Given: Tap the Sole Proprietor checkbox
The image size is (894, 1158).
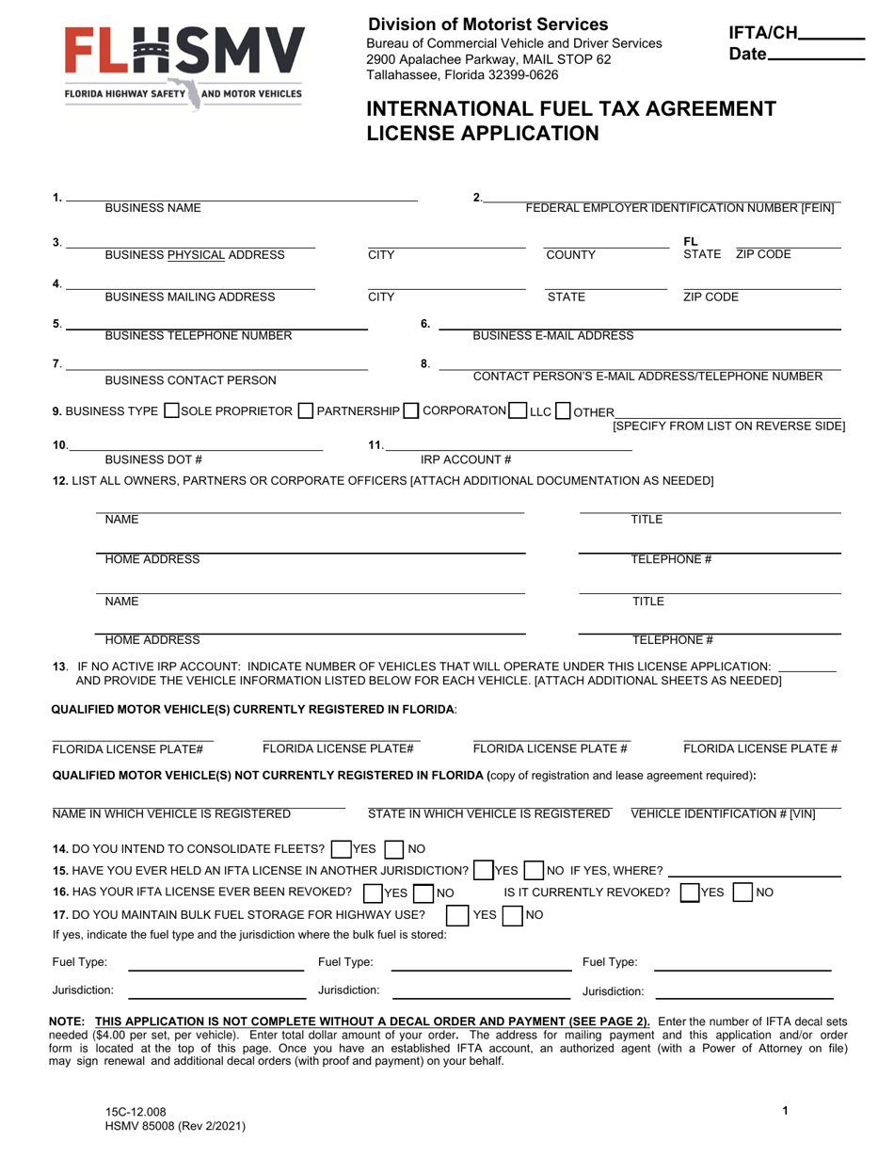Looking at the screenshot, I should click(172, 411).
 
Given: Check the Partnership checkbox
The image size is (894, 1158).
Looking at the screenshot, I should click(306, 411).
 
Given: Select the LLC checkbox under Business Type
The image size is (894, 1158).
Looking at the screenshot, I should click(518, 411).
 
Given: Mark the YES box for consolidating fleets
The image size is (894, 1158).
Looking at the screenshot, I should click(342, 848).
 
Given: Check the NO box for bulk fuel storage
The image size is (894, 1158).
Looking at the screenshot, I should click(513, 914).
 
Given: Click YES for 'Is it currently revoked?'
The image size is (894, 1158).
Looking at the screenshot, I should click(690, 892).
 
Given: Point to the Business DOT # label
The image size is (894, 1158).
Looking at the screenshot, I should click(153, 459).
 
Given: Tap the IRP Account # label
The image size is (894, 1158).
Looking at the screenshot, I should click(465, 459).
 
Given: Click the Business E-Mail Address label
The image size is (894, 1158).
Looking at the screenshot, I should click(552, 335).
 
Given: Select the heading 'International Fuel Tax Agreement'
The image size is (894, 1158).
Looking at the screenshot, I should click(571, 108).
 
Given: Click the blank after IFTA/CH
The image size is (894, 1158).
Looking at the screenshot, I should click(831, 37).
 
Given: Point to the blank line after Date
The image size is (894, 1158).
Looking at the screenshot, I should click(816, 57).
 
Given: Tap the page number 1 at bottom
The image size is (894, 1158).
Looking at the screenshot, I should click(785, 1111).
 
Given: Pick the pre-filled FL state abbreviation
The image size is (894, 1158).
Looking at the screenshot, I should click(691, 241).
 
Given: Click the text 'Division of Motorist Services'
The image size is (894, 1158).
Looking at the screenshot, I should click(487, 24).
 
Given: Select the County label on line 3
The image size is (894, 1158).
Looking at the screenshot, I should click(571, 255).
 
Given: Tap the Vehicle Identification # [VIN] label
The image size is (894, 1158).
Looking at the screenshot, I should click(723, 813).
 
